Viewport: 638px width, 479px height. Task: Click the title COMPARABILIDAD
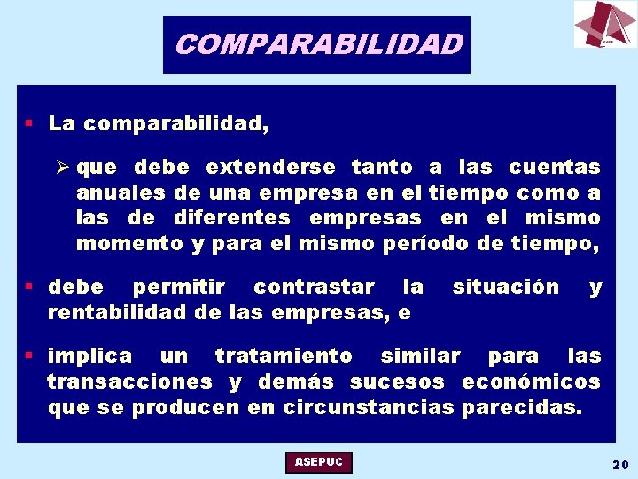pyautogui.click(x=317, y=43)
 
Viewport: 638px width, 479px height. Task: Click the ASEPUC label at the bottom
pyautogui.click(x=319, y=462)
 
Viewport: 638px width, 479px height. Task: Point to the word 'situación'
pyautogui.click(x=506, y=287)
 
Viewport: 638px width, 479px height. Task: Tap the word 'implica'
pyautogui.click(x=89, y=356)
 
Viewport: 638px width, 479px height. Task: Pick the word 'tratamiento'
pyautogui.click(x=284, y=356)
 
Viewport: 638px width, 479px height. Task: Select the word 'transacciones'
pyautogui.click(x=129, y=381)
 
